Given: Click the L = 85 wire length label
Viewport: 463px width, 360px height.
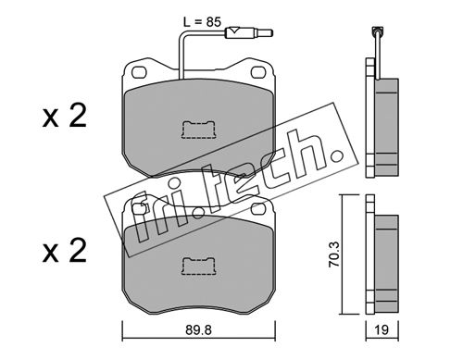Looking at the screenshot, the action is tap(202, 22).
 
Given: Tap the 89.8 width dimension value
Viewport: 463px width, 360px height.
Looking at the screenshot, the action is tap(198, 330).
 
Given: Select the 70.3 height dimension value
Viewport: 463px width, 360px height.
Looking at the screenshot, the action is tap(334, 254).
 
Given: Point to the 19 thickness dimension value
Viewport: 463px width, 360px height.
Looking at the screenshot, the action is tap(382, 330).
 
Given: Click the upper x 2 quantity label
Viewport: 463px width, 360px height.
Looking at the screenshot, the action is tap(65, 117).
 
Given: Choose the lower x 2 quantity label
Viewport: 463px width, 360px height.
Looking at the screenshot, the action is tap(65, 252).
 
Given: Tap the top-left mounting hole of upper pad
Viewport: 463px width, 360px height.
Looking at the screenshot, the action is tap(139, 73).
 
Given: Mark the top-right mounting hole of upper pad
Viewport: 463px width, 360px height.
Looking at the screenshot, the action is tap(258, 72).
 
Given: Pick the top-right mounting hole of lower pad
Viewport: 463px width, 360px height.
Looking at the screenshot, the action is tap(258, 209).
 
